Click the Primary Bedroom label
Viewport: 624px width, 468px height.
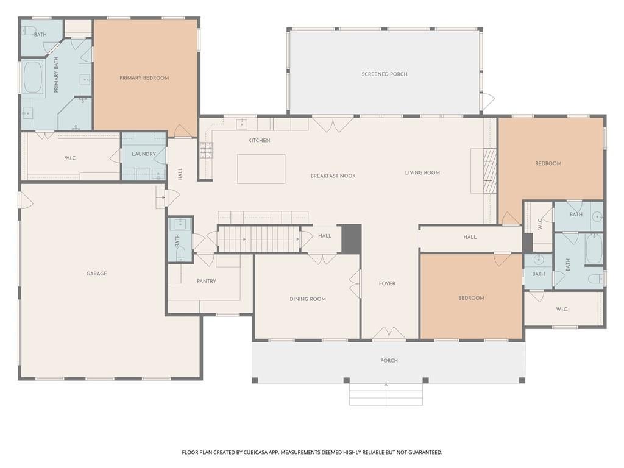[144, 78]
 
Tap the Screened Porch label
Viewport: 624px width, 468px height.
[385, 74]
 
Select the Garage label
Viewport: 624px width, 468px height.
[97, 274]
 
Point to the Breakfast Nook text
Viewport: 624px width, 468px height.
[333, 175]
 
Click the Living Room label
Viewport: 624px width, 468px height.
[422, 172]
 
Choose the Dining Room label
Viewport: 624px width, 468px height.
[308, 299]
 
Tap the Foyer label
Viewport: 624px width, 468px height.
[387, 283]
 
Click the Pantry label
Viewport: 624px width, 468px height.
[207, 281]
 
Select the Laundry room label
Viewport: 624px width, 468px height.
[144, 154]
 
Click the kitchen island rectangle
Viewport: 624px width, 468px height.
[261, 169]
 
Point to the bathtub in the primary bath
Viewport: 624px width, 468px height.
[33, 77]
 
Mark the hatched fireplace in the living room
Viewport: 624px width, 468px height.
[490, 171]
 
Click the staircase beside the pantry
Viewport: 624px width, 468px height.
[258, 239]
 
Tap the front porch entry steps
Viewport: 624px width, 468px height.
[386, 394]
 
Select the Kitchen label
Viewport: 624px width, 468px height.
[259, 141]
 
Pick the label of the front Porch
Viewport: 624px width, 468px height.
[389, 361]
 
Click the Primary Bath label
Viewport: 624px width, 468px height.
[55, 75]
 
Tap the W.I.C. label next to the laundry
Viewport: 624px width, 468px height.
[71, 158]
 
